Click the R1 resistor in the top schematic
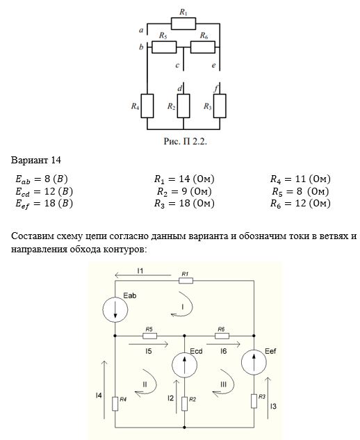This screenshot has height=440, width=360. point(183,24)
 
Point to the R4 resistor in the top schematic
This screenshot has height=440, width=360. point(147,106)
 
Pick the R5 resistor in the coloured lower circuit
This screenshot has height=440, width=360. point(150,336)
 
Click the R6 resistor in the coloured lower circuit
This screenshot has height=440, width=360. point(222,336)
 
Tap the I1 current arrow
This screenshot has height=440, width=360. point(143,275)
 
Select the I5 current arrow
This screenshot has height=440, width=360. point(149,344)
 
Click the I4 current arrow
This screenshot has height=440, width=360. point(104,390)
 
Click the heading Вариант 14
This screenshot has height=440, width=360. point(36,161)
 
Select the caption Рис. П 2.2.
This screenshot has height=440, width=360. point(185,141)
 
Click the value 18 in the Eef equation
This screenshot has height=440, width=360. point(50,203)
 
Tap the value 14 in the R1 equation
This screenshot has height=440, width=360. point(184,179)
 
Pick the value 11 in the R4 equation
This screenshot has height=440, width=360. point(300,179)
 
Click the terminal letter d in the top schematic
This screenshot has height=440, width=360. point(179,88)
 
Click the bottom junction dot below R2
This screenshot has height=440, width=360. point(184,427)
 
